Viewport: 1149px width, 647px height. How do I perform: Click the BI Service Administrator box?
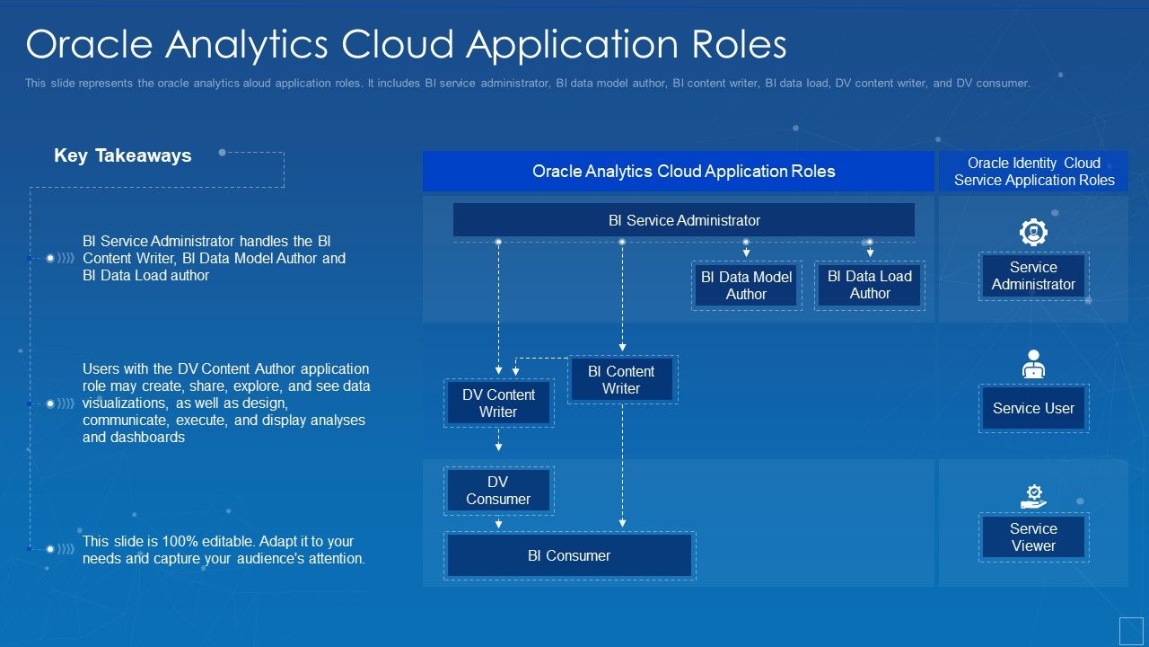click(684, 220)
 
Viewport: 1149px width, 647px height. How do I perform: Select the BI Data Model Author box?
click(746, 286)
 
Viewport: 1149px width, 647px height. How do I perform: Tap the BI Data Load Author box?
click(869, 285)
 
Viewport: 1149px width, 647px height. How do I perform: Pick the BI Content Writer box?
click(621, 379)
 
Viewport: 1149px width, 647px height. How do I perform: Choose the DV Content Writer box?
click(498, 403)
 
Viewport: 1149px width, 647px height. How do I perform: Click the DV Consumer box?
click(498, 491)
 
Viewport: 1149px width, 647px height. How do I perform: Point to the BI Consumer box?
click(569, 555)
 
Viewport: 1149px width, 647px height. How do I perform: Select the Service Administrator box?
click(1033, 276)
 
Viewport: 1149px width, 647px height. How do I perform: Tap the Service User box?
click(1033, 408)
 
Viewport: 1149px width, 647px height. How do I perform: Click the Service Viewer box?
click(1033, 537)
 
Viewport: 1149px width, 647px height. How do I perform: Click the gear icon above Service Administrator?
click(1034, 233)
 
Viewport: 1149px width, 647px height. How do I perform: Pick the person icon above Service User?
click(1034, 364)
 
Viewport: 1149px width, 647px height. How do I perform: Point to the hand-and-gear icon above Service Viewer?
click(1034, 496)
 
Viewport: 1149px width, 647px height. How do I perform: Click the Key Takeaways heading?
click(123, 155)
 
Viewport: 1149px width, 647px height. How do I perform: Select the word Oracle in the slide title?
click(87, 44)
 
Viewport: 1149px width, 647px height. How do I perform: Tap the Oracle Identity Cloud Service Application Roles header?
click(1034, 171)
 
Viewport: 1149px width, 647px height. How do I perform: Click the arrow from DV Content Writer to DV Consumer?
click(498, 441)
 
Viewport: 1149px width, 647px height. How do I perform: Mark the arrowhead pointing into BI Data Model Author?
click(746, 254)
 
